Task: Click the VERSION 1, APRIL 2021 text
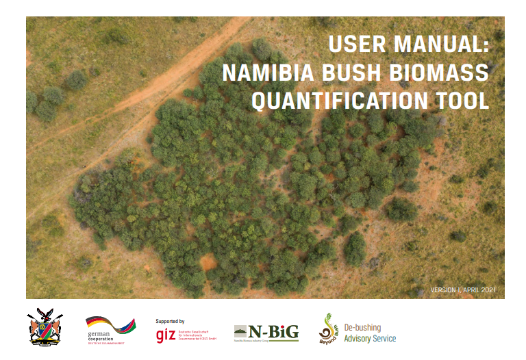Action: pyautogui.click(x=462, y=290)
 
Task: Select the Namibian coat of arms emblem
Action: pyautogui.click(x=46, y=326)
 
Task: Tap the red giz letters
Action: pyautogui.click(x=165, y=334)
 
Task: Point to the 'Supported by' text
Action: pyautogui.click(x=170, y=321)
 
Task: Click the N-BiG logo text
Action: pyautogui.click(x=273, y=331)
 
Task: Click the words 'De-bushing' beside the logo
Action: pyautogui.click(x=362, y=327)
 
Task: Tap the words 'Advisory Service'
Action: pyautogui.click(x=370, y=339)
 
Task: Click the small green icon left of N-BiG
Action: pyautogui.click(x=240, y=332)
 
